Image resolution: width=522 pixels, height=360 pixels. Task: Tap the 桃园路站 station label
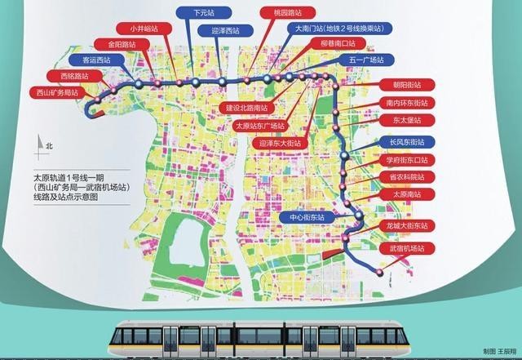coord(281,14)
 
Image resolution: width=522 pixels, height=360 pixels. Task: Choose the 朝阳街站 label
coord(405,85)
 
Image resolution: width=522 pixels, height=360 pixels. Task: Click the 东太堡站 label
coord(405,121)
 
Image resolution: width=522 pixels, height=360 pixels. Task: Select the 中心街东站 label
coord(302,218)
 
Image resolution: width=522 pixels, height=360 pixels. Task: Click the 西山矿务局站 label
coord(57,92)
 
